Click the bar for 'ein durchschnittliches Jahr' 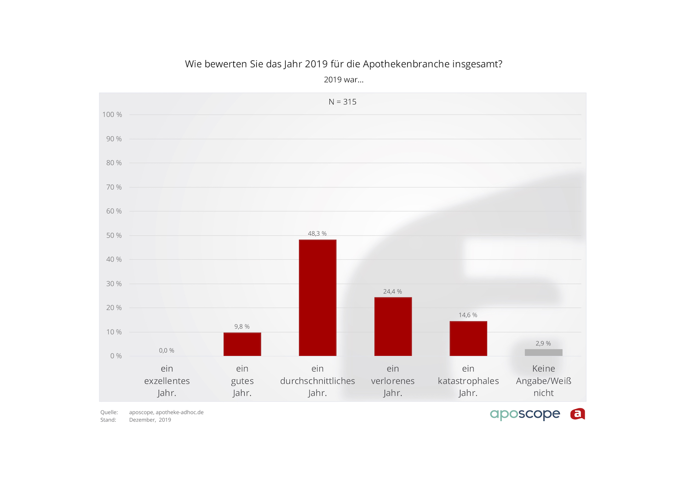317,297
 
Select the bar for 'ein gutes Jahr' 242,344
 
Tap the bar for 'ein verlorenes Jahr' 393,326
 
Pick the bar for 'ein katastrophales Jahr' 468,338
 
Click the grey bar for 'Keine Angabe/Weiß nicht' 543,353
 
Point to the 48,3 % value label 317,233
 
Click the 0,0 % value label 167,350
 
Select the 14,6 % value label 468,315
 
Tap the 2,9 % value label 543,343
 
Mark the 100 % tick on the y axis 112,115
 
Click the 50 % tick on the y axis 114,235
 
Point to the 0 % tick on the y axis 116,356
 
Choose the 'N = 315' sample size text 342,102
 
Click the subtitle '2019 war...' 344,80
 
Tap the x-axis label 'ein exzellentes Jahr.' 167,381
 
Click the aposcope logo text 525,414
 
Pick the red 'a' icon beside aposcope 577,414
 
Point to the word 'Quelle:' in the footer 109,412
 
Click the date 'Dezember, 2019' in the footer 150,420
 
